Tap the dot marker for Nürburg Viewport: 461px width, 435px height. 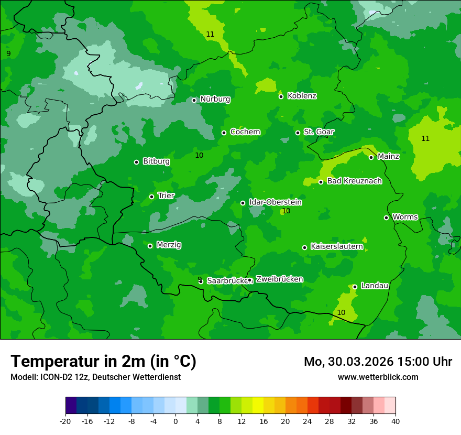(x=194, y=100)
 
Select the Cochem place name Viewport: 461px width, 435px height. (x=245, y=132)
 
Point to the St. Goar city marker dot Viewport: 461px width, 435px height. (x=298, y=133)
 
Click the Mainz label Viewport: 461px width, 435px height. (x=388, y=156)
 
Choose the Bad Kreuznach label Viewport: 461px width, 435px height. (x=354, y=181)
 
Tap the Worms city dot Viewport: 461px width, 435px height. (x=386, y=217)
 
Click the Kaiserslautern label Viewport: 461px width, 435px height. (x=337, y=246)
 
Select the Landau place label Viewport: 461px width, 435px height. (x=375, y=286)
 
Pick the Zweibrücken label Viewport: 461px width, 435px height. (x=279, y=279)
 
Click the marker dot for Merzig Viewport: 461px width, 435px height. (x=150, y=246)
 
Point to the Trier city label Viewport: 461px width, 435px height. (x=166, y=195)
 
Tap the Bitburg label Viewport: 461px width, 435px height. (x=156, y=161)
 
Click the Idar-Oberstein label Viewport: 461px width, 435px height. (x=275, y=202)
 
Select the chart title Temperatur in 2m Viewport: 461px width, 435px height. (x=103, y=361)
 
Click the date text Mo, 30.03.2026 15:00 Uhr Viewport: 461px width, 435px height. (x=378, y=362)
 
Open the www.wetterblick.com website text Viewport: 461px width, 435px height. (x=378, y=377)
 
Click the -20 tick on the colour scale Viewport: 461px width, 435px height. (x=65, y=421)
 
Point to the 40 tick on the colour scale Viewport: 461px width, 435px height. (x=396, y=421)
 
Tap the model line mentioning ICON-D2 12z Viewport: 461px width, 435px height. (x=95, y=377)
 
